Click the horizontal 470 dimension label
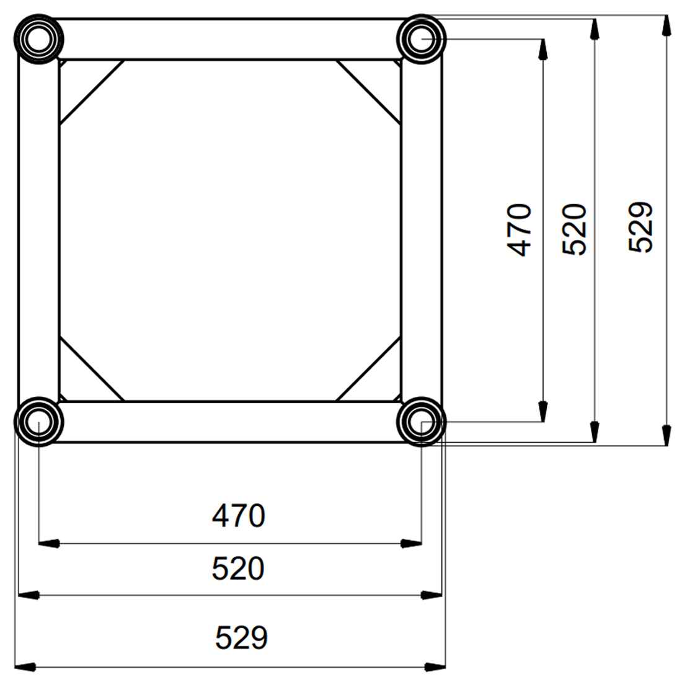238,516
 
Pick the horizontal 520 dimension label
238,569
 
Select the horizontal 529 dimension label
241,637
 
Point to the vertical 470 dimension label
520,229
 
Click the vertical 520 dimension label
574,229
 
